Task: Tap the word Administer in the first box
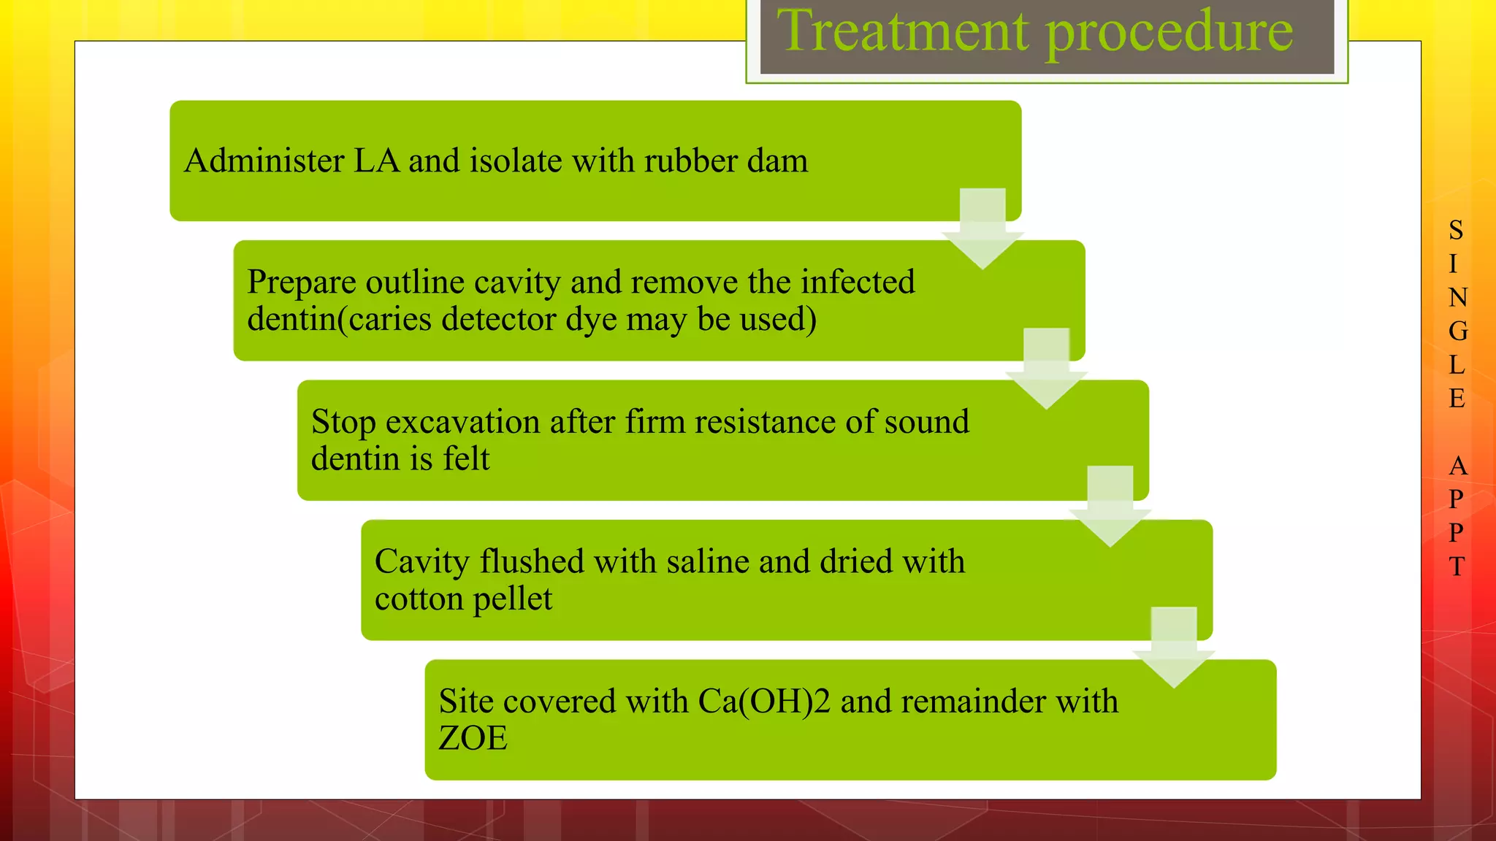coord(264,161)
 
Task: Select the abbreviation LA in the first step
coord(376,161)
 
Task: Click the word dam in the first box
coord(777,161)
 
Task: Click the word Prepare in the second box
coord(301,283)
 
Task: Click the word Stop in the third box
coord(343,423)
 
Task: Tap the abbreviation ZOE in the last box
coord(473,739)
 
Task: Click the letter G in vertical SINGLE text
coord(1457,331)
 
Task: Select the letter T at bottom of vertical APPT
coord(1457,567)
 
